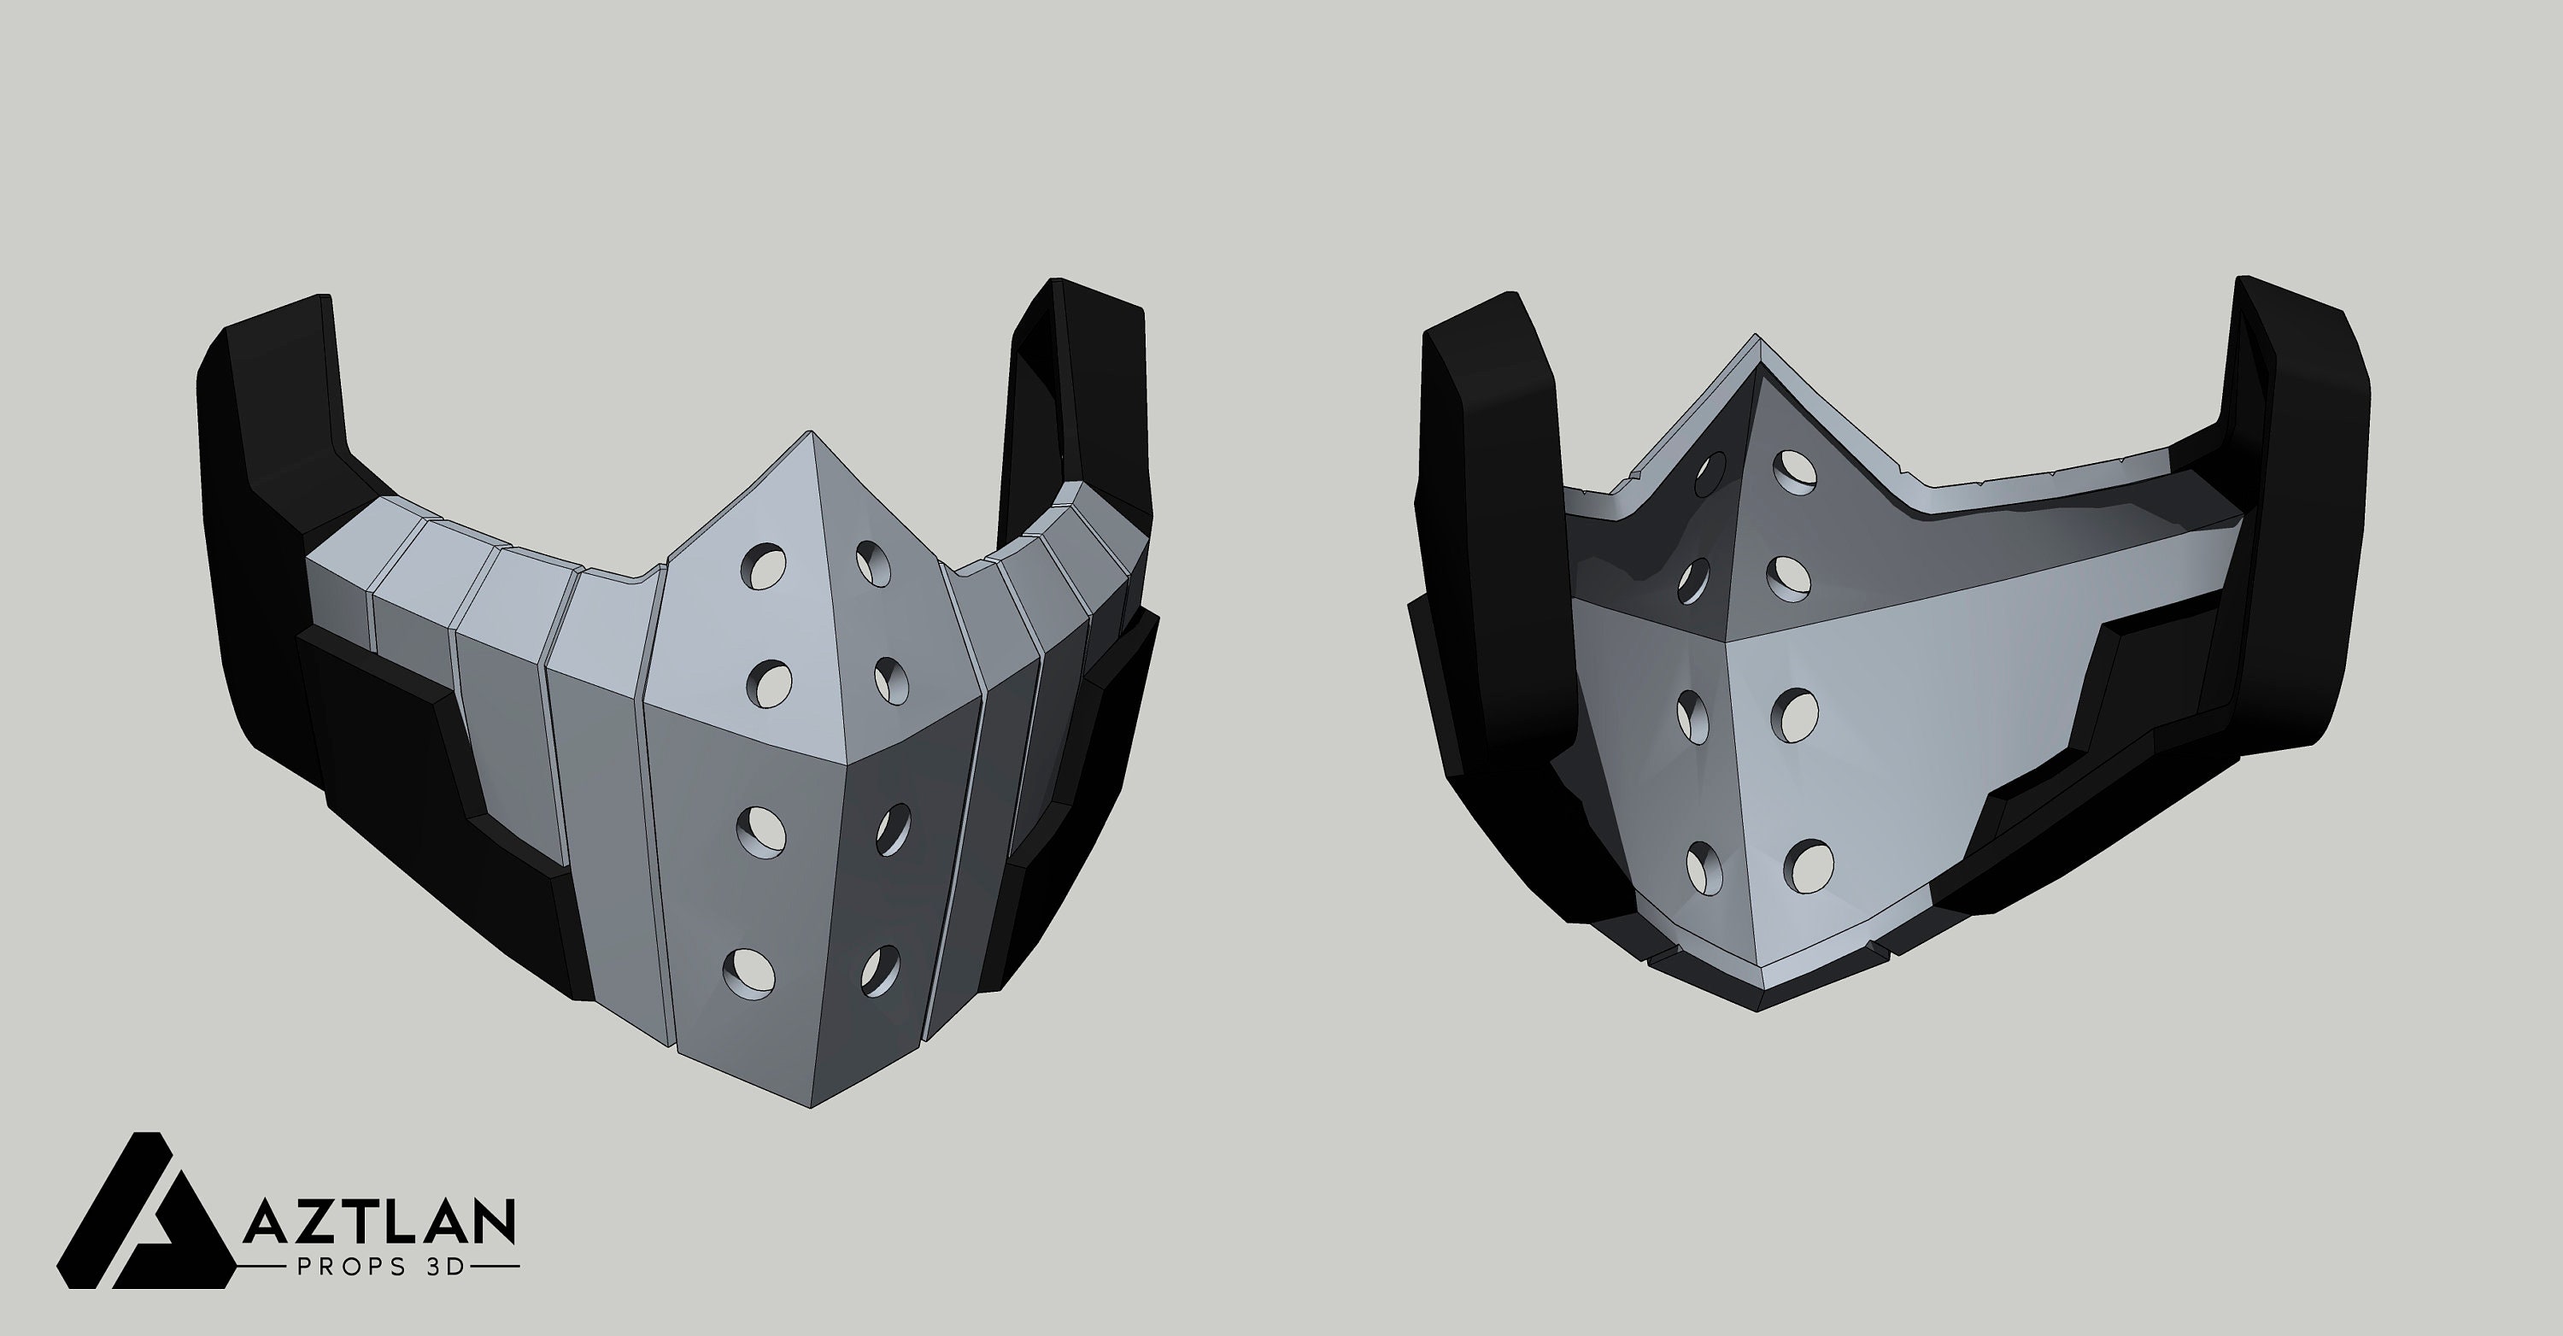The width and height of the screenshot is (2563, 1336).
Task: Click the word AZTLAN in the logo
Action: (x=378, y=1222)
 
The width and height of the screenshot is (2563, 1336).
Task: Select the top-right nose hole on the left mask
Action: (x=876, y=564)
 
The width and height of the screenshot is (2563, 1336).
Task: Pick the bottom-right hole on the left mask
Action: (x=881, y=972)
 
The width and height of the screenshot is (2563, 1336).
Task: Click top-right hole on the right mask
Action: (x=1797, y=472)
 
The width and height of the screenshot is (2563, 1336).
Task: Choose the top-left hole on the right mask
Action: (x=1710, y=474)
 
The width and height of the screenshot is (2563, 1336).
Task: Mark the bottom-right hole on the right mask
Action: (x=1808, y=865)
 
